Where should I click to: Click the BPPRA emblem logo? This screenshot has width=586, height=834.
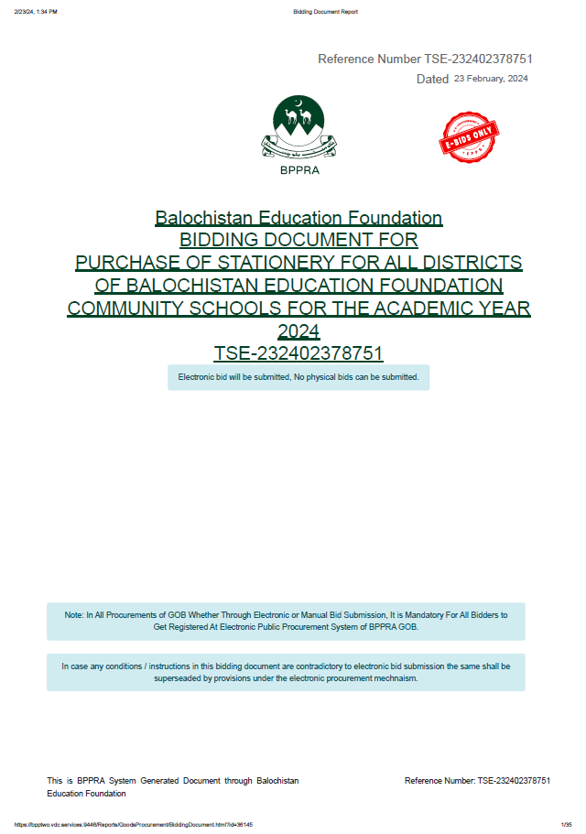(x=298, y=127)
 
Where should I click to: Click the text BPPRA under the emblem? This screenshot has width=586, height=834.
(x=298, y=169)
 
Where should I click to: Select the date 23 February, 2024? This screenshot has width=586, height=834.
(x=491, y=79)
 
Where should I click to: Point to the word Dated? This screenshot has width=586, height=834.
(x=432, y=80)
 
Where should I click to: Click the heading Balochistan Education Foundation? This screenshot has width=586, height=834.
(x=298, y=218)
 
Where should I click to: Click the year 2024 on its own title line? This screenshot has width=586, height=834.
(x=298, y=330)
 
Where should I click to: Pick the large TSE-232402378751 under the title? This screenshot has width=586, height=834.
(x=298, y=353)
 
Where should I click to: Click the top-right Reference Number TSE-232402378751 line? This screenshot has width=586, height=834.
(x=425, y=59)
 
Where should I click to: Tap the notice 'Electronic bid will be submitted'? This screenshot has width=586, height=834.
(x=298, y=377)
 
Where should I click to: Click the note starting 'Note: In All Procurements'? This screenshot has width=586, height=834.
(x=286, y=622)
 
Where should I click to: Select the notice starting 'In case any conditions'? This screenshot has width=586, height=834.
(x=286, y=672)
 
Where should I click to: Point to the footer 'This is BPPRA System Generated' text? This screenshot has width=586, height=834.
(x=173, y=786)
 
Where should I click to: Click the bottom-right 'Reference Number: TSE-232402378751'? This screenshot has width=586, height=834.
(x=477, y=781)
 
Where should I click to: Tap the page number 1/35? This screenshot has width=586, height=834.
(x=565, y=824)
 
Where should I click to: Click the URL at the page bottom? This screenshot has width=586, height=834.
(x=134, y=824)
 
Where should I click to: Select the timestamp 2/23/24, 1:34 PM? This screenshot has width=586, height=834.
(x=36, y=11)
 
